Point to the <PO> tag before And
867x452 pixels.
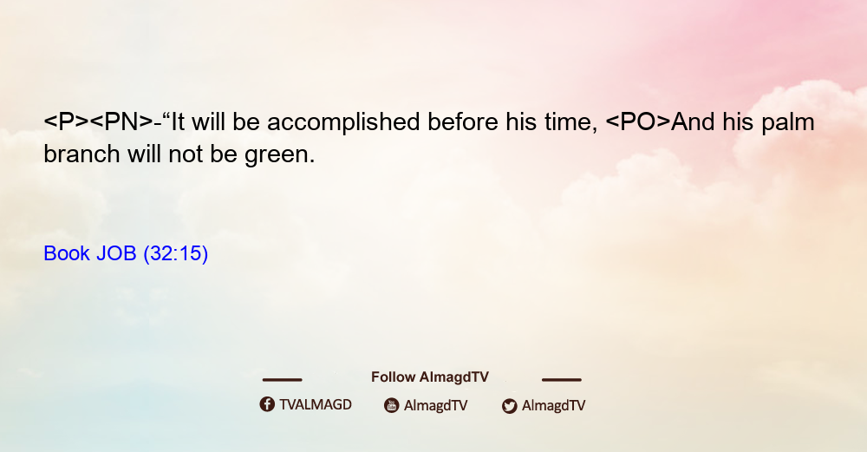click(x=638, y=121)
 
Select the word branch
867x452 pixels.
click(x=81, y=154)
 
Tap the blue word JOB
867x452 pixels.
click(x=116, y=253)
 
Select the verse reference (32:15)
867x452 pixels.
click(x=176, y=254)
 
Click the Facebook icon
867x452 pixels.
click(x=267, y=404)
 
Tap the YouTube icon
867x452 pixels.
click(x=392, y=405)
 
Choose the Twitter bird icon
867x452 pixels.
click(x=509, y=406)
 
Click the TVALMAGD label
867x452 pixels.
click(x=316, y=405)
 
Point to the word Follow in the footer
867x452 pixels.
click(x=393, y=377)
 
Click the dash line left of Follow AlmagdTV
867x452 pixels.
click(x=282, y=379)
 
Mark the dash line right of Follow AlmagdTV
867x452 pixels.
click(x=562, y=379)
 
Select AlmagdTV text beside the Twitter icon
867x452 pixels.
click(x=553, y=405)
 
